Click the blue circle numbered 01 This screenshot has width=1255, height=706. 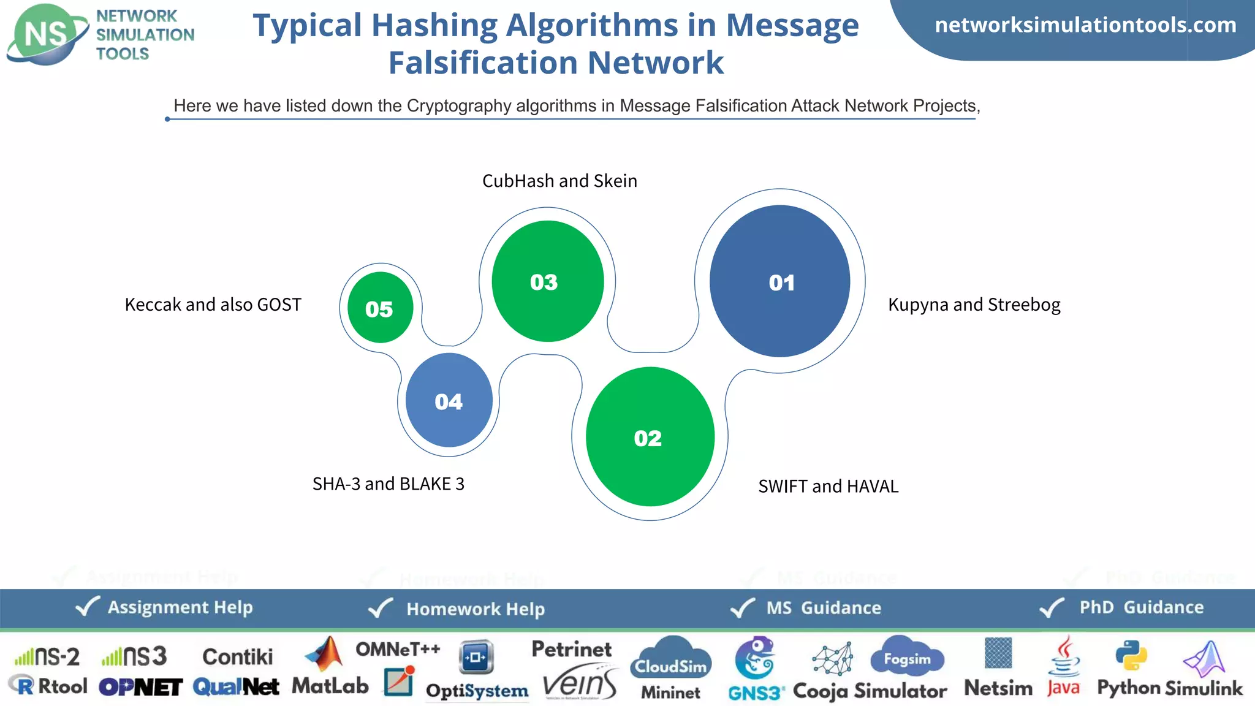point(779,281)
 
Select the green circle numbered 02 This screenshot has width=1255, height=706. point(650,437)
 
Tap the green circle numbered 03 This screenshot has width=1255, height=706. point(547,281)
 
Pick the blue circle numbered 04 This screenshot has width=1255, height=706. point(449,400)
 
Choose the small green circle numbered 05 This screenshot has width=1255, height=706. point(380,308)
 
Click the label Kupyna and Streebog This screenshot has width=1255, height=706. point(974,305)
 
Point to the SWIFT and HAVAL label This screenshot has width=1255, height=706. point(828,486)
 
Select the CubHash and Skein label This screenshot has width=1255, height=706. point(559,181)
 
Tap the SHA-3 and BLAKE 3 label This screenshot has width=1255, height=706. point(388,484)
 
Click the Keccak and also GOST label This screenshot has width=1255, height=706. point(213,305)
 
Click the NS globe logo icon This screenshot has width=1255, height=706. point(47,34)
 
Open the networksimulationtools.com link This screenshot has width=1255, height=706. point(1085,25)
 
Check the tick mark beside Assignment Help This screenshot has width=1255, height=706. point(87,607)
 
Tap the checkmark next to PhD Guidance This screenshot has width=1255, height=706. point(1052,607)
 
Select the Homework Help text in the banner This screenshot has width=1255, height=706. point(476,609)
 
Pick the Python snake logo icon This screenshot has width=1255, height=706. point(1131,656)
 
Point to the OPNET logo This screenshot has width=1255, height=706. point(140,687)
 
